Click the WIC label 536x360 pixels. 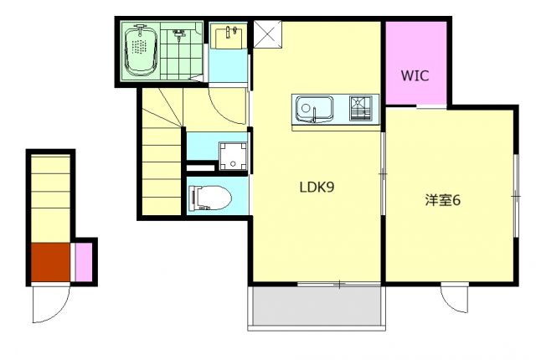tap(414, 75)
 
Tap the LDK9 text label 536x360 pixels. tap(317, 188)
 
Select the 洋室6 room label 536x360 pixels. tap(443, 200)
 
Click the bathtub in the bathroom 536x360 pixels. tap(141, 49)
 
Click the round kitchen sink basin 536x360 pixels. tap(307, 109)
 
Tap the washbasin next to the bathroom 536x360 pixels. tap(227, 38)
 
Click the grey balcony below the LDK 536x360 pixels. tap(315, 309)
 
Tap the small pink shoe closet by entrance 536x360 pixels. tap(84, 262)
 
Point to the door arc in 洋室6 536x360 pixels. tap(456, 297)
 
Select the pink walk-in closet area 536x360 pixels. tap(415, 63)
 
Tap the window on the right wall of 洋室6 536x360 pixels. tap(517, 193)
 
